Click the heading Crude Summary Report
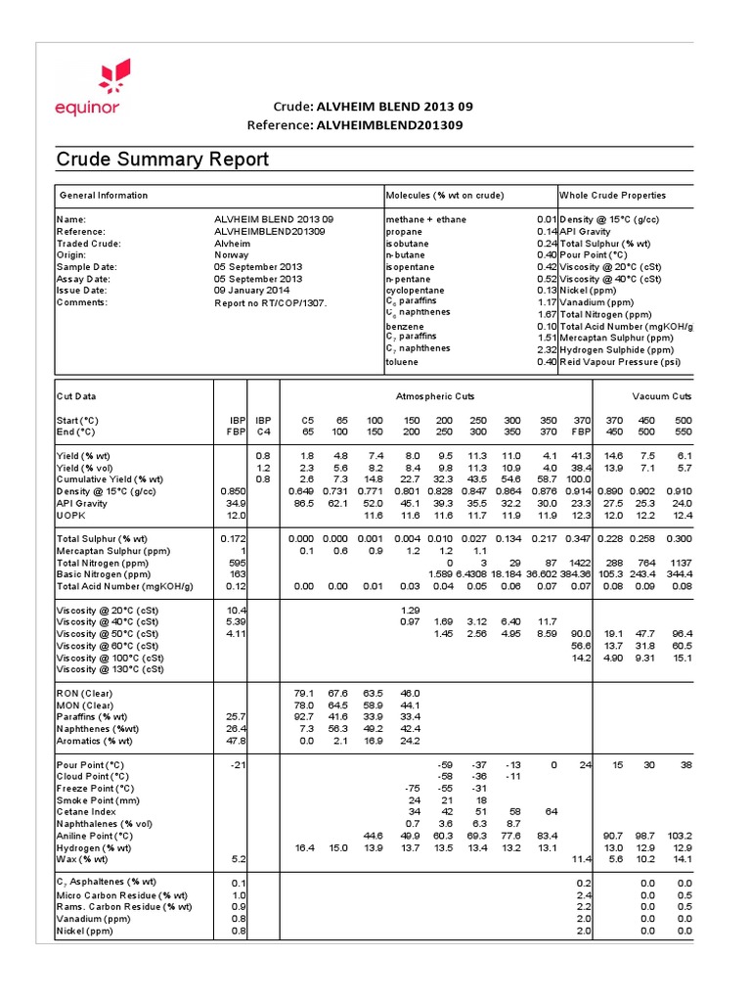[x=161, y=159]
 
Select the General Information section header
[x=104, y=196]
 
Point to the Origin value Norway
[x=232, y=253]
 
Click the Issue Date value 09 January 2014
[x=252, y=291]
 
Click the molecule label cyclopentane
[x=416, y=291]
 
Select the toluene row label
[x=403, y=362]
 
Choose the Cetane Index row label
[x=86, y=811]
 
